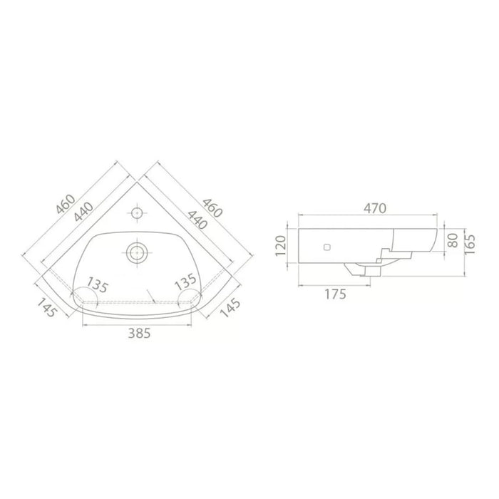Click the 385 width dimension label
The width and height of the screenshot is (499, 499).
[x=139, y=333]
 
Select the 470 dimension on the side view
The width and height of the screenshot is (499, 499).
[x=375, y=208]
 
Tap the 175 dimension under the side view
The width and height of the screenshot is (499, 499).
[x=335, y=294]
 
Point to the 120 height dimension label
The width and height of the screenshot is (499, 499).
[x=281, y=246]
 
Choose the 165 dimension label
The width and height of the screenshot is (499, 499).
[x=470, y=244]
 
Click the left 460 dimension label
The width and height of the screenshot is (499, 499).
[x=66, y=204]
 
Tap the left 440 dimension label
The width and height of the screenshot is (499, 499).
[x=83, y=212]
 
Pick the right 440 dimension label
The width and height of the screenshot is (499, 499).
[x=197, y=220]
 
